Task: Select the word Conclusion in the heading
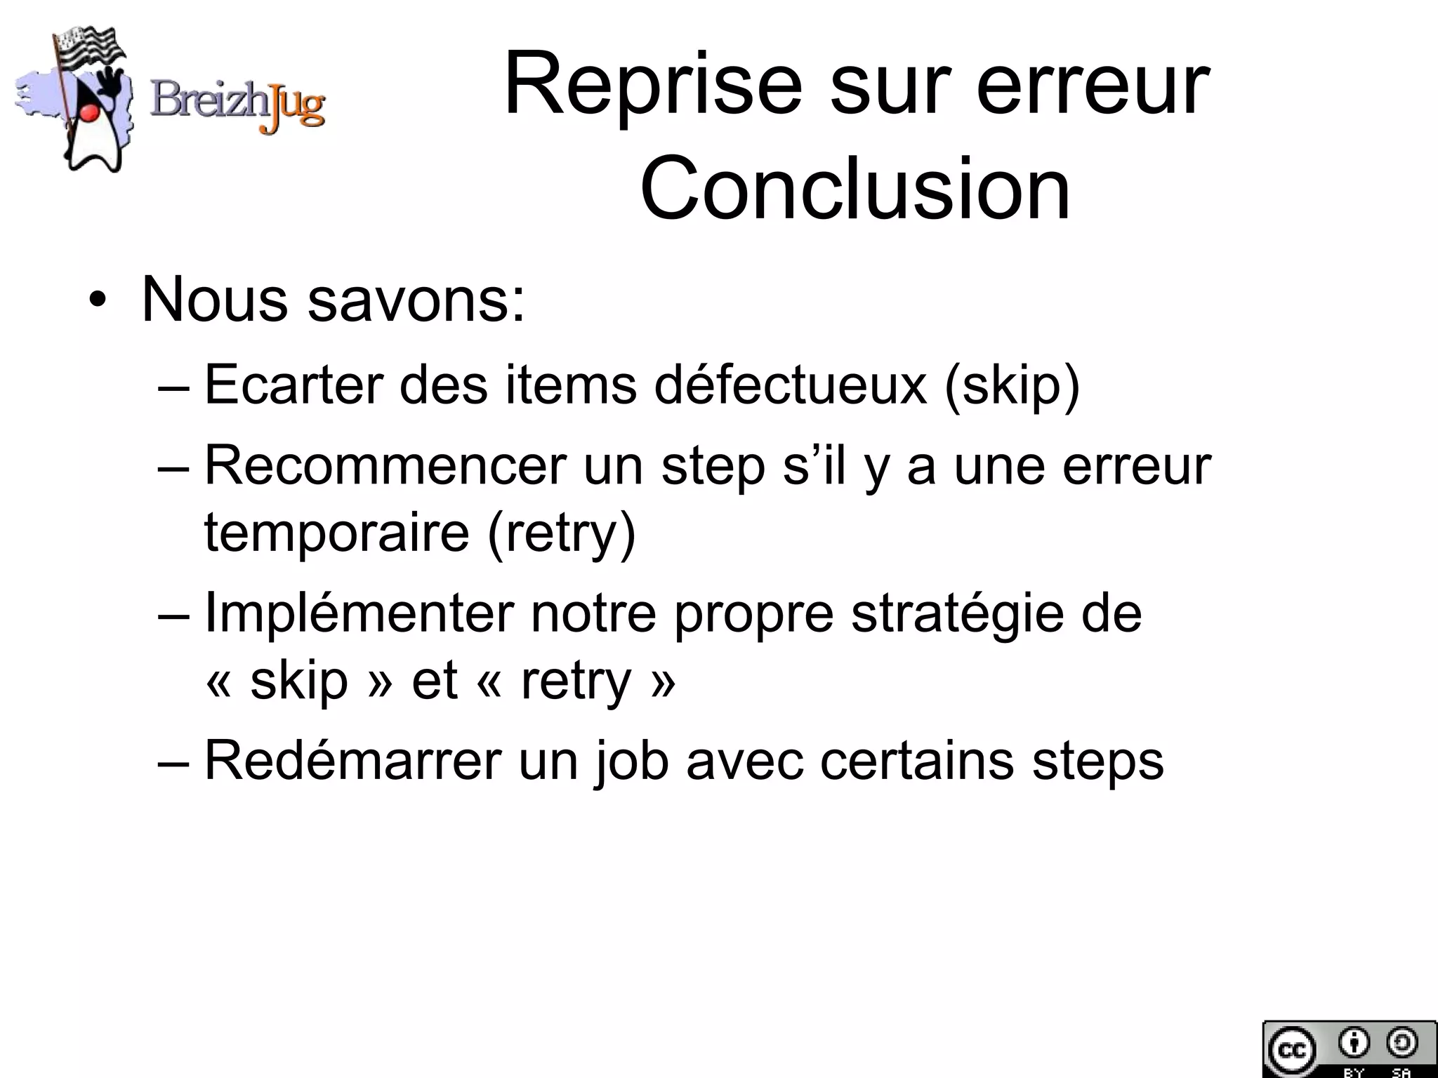(855, 188)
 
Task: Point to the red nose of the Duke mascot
(88, 112)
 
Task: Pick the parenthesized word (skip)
(1012, 386)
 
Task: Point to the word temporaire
(336, 532)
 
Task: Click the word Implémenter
(359, 613)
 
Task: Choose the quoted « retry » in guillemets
(575, 680)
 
